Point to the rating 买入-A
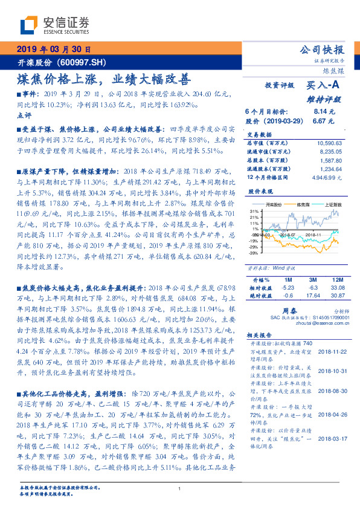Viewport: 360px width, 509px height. (324, 86)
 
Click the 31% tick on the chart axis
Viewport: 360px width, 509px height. (255, 210)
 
